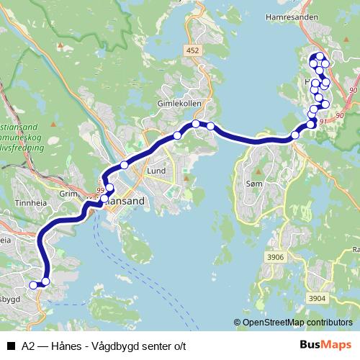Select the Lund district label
pos(156,172)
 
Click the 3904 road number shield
pos(317,297)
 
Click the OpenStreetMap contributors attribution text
pos(297,323)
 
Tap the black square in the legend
pos(10,346)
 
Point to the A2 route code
pos(28,346)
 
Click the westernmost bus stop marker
pos(32,285)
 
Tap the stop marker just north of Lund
pos(125,165)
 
